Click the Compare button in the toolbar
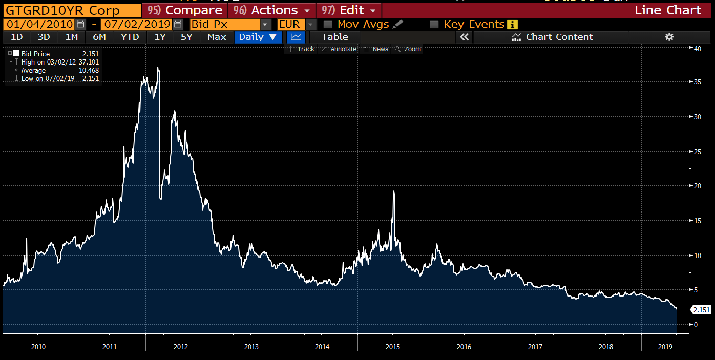pos(184,10)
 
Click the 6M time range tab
pos(99,37)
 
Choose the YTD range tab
pos(130,37)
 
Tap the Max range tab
pos(217,37)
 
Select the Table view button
pos(335,37)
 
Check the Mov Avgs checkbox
pos(328,24)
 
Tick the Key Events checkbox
pos(434,24)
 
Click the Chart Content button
pos(553,37)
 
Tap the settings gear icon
pos(669,37)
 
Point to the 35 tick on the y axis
pos(697,82)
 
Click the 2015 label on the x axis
pos(393,347)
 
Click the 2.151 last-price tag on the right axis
pos(701,310)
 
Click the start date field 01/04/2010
pos(39,24)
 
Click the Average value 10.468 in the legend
pos(89,70)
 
